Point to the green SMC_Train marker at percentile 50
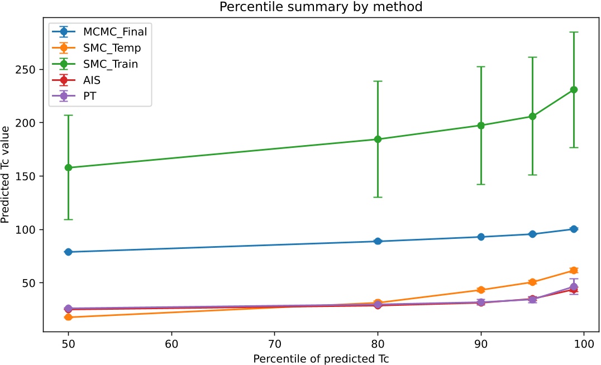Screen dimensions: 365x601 pyautogui.click(x=68, y=167)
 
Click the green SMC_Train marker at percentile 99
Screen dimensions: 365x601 pyautogui.click(x=574, y=90)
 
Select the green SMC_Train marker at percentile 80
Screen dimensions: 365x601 pyautogui.click(x=378, y=139)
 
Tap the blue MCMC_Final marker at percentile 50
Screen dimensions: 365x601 pyautogui.click(x=68, y=252)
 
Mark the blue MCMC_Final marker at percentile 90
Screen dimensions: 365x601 pyautogui.click(x=481, y=237)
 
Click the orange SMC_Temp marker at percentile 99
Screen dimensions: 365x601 pyautogui.click(x=574, y=270)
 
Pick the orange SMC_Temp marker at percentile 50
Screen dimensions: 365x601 pyautogui.click(x=68, y=317)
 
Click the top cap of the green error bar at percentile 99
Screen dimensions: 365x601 pyautogui.click(x=574, y=32)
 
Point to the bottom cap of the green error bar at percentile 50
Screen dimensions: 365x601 pyautogui.click(x=68, y=219)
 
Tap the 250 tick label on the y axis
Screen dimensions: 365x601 pyautogui.click(x=28, y=69)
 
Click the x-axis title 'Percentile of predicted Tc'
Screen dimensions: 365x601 pyautogui.click(x=321, y=358)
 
